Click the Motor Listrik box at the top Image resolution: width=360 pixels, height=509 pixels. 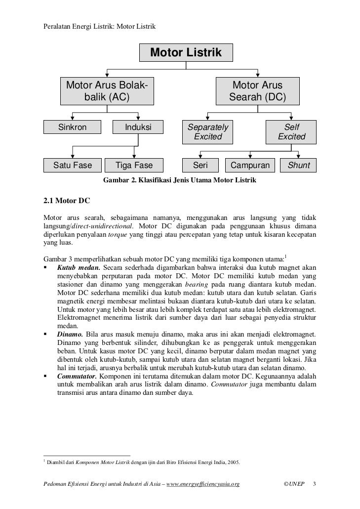tap(186, 52)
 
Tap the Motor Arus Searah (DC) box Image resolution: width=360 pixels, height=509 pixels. tap(257, 90)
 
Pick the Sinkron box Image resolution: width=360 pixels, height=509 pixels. tap(73, 127)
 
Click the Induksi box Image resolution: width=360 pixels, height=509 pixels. tap(138, 127)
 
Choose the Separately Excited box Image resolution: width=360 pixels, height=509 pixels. tap(208, 131)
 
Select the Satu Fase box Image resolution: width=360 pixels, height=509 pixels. tap(73, 165)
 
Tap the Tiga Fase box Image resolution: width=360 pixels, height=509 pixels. tap(134, 165)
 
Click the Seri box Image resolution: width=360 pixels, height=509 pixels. tap(200, 165)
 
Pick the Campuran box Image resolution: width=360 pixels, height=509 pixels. tap(250, 165)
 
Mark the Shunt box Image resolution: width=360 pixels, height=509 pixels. tap(299, 165)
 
